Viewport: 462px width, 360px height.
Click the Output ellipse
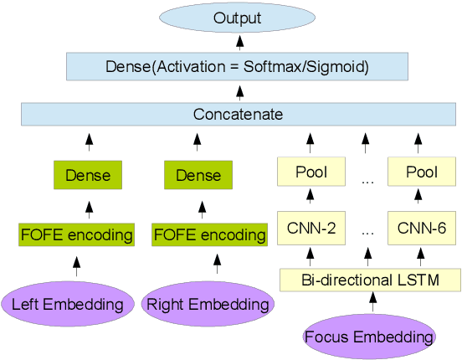point(238,18)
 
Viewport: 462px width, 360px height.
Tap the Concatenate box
point(238,114)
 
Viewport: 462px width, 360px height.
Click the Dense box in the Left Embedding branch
point(89,174)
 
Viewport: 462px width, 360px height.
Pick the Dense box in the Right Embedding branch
point(198,174)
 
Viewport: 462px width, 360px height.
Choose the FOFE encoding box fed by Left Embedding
point(77,234)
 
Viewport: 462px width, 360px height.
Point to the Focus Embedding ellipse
point(369,337)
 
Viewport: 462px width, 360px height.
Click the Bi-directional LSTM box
point(369,279)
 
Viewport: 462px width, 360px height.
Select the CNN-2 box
point(310,226)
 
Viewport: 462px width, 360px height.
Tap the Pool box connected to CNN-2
point(310,172)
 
